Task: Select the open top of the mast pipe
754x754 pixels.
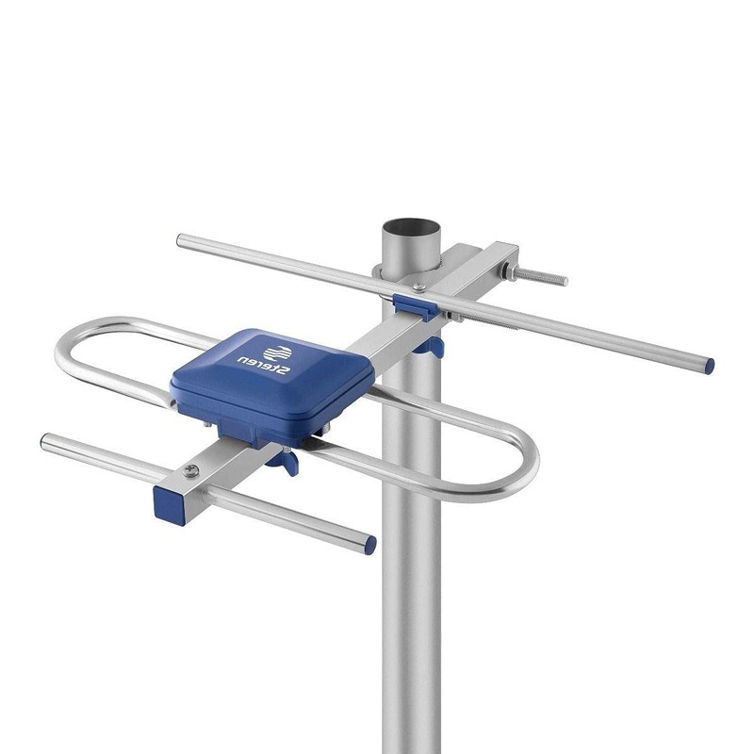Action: click(x=412, y=229)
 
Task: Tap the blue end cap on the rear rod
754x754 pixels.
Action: click(x=707, y=362)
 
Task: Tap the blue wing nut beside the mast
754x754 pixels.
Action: click(x=433, y=347)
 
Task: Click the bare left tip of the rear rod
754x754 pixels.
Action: click(x=181, y=240)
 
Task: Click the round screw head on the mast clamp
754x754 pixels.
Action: click(x=380, y=272)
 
